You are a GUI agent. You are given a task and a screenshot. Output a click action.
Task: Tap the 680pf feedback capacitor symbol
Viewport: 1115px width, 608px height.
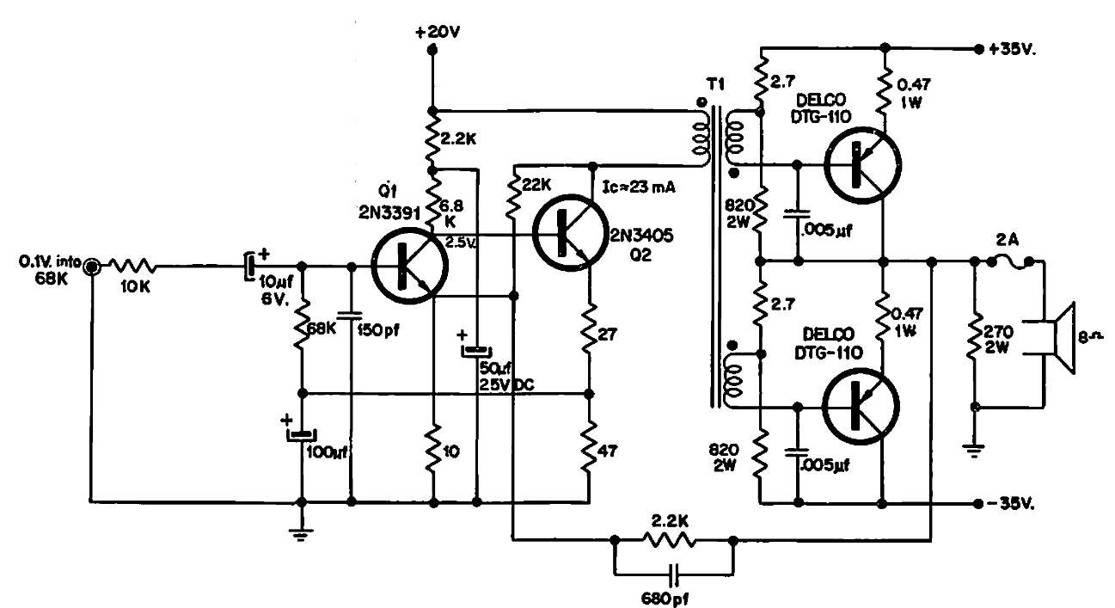pyautogui.click(x=674, y=571)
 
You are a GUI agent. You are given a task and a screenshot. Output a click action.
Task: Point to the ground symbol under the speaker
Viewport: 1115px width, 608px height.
pyautogui.click(x=975, y=447)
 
